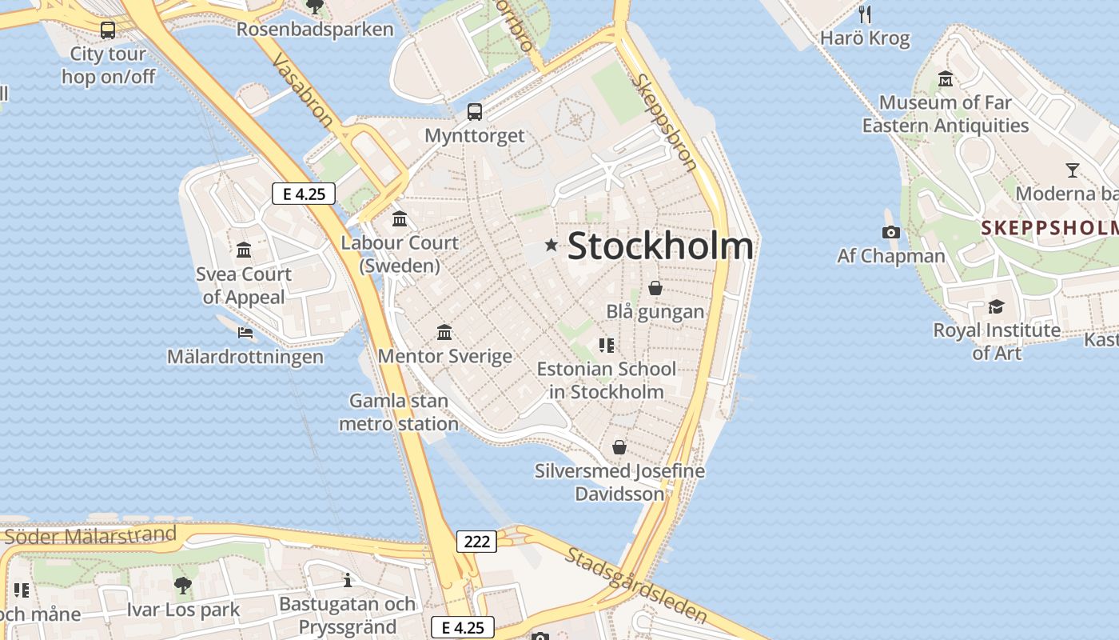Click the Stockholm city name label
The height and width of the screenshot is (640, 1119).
tap(660, 246)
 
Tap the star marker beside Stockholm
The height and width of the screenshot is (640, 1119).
tap(551, 246)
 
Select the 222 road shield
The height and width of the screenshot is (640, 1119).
tap(476, 542)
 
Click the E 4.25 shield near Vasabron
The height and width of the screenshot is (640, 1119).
tap(303, 194)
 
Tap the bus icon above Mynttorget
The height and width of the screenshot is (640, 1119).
tap(475, 112)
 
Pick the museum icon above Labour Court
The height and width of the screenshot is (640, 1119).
tap(400, 218)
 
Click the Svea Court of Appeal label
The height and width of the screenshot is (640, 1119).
tap(244, 286)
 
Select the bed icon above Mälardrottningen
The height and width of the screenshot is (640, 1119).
tap(245, 333)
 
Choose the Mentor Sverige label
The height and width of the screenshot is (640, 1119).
tap(444, 356)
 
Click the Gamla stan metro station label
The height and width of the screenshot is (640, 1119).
tap(399, 412)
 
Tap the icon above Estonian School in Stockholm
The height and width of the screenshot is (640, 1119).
tap(607, 346)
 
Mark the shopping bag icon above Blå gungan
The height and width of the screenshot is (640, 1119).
tap(655, 288)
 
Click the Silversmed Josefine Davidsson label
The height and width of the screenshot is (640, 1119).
tap(619, 482)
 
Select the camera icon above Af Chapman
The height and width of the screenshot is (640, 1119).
tap(890, 233)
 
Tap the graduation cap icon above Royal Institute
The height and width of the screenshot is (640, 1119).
tap(996, 306)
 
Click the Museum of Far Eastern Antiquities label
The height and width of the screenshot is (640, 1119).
tap(945, 114)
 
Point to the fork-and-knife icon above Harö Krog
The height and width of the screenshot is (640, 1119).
tap(864, 14)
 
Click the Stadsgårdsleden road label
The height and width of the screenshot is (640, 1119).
tap(636, 584)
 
